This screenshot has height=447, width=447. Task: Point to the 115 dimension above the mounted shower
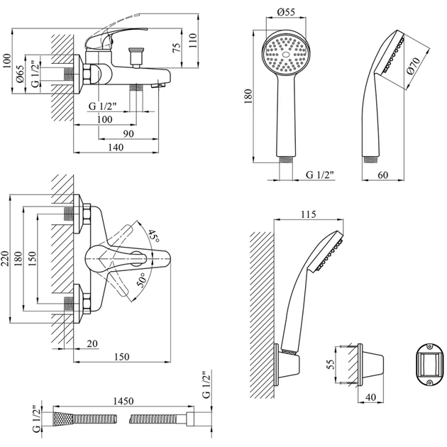307,214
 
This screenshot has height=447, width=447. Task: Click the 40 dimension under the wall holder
372,396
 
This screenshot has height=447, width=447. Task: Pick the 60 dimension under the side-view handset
382,175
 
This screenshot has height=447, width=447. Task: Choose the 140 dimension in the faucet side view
116,147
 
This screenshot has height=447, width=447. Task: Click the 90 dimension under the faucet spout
128,133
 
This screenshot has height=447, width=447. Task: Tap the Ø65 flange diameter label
20,74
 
